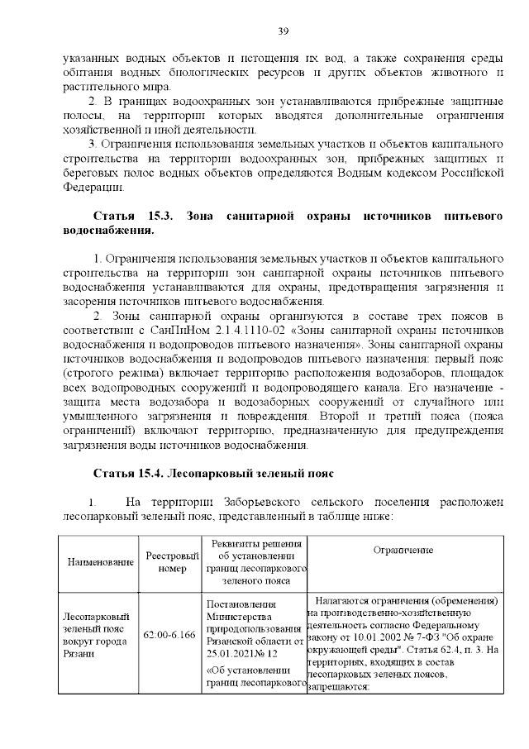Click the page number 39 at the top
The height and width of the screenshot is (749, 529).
point(282,31)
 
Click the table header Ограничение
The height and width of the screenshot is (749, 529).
point(403,550)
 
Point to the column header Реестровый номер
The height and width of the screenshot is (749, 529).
point(173,562)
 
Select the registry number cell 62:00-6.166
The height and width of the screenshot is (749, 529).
point(169,634)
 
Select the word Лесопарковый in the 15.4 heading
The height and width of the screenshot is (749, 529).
point(209,474)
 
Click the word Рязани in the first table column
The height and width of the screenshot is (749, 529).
point(79,653)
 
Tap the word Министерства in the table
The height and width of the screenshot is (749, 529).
point(239,616)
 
